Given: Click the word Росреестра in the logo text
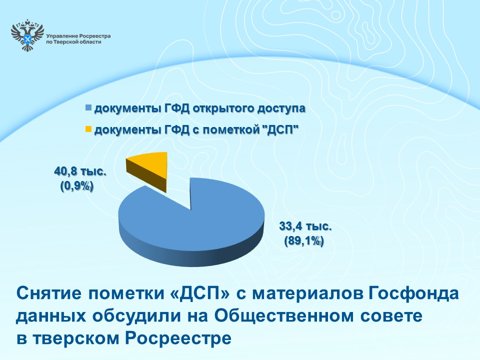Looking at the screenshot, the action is click(x=94, y=36).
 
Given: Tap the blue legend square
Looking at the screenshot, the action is click(x=88, y=108).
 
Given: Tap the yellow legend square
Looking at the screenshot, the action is click(x=88, y=129).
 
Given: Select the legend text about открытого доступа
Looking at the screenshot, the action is click(x=200, y=108).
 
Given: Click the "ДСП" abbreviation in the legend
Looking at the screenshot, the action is click(x=280, y=130).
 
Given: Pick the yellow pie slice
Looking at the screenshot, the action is click(x=147, y=171).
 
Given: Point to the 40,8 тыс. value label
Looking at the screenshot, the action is click(x=80, y=171).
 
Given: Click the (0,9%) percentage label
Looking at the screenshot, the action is click(x=77, y=186).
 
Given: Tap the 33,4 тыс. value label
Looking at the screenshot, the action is click(x=305, y=226).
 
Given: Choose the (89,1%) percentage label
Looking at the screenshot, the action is click(x=304, y=241).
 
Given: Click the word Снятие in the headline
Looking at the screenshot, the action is click(x=49, y=293).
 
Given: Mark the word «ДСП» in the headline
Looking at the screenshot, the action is click(x=199, y=293).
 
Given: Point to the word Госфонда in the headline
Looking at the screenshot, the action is click(x=413, y=293).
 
